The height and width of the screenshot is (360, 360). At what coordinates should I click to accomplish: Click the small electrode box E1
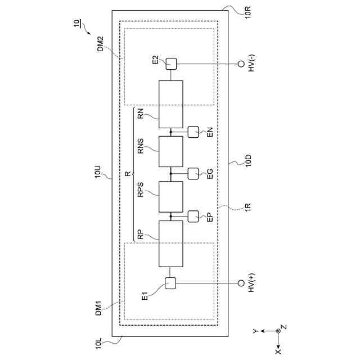(x=171, y=283)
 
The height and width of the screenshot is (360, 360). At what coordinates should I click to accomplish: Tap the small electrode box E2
(x=171, y=64)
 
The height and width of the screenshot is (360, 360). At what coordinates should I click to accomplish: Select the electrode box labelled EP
(x=193, y=216)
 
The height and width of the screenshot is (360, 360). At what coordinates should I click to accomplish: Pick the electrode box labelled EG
(x=193, y=173)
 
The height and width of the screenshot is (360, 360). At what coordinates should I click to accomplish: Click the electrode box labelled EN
(x=193, y=132)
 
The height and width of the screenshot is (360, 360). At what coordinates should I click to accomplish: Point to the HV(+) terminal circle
(x=241, y=283)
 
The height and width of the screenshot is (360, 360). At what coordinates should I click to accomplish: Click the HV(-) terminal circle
(x=241, y=64)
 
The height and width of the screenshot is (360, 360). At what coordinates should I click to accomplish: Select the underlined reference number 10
(x=76, y=24)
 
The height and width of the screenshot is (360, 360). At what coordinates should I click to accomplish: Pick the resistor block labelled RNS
(x=170, y=151)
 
